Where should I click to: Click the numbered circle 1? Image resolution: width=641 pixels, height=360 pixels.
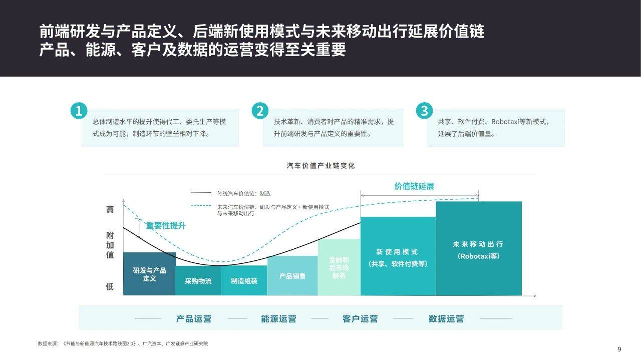coord(79,111)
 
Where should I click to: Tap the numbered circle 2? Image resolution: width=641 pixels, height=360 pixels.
coord(260,111)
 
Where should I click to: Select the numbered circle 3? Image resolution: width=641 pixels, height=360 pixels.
coord(424,111)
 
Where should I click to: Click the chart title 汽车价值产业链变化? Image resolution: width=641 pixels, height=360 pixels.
coord(320,166)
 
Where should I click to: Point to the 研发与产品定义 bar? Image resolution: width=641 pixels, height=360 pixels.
coord(149,274)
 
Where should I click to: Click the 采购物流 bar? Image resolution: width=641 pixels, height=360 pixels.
coord(198,281)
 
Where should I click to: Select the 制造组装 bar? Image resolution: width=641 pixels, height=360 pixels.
coord(244,281)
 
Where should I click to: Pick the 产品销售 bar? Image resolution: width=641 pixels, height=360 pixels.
coord(292,276)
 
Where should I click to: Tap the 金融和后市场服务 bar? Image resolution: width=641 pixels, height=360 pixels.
coord(339,267)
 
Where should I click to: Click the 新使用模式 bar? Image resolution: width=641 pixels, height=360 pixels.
coord(398,256)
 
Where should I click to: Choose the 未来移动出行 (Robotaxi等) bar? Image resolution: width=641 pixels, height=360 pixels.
coord(479,248)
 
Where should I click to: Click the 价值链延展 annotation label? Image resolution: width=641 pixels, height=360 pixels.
coord(414,186)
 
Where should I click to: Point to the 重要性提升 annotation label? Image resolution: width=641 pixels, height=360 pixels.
coord(166,225)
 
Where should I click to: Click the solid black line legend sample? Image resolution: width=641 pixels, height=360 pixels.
coord(201,193)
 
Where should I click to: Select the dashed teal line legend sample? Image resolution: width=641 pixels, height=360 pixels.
coord(201,205)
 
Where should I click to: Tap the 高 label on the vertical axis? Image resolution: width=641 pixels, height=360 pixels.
coord(110,209)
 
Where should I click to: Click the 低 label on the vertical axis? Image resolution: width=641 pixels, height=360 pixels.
coord(110,286)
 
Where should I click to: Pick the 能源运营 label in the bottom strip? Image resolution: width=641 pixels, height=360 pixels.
coord(278,319)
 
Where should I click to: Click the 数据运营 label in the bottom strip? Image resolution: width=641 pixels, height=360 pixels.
coord(446,319)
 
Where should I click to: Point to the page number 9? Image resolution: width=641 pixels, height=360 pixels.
coord(619,349)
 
